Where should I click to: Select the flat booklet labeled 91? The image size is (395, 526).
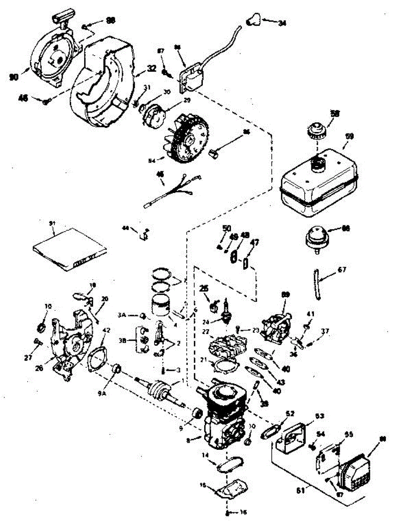70,248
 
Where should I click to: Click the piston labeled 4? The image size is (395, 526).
162,305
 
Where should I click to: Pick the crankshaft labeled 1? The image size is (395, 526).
160,388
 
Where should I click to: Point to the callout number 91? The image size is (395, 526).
53,224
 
